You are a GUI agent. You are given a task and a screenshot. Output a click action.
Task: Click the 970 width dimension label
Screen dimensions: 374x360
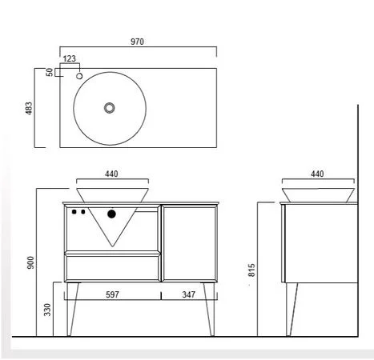pyautogui.click(x=137, y=42)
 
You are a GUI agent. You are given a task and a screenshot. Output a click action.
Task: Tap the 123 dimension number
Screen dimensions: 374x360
pyautogui.click(x=70, y=58)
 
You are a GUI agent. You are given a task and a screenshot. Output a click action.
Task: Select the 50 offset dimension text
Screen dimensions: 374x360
pyautogui.click(x=50, y=72)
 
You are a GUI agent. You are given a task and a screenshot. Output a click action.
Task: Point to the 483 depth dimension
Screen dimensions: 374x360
pyautogui.click(x=29, y=108)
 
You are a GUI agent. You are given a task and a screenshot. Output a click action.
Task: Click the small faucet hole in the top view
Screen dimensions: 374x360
pyautogui.click(x=79, y=76)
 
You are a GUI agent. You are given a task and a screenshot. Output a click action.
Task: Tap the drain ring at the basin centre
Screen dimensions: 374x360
pyautogui.click(x=110, y=108)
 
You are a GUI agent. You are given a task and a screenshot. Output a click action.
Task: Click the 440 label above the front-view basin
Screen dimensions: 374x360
pyautogui.click(x=111, y=174)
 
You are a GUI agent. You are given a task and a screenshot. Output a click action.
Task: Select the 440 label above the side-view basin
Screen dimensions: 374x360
pyautogui.click(x=317, y=174)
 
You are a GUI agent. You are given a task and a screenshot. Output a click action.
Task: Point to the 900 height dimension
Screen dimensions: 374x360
pyautogui.click(x=31, y=262)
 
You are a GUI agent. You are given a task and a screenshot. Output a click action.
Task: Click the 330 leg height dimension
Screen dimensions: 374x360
pyautogui.click(x=47, y=310)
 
